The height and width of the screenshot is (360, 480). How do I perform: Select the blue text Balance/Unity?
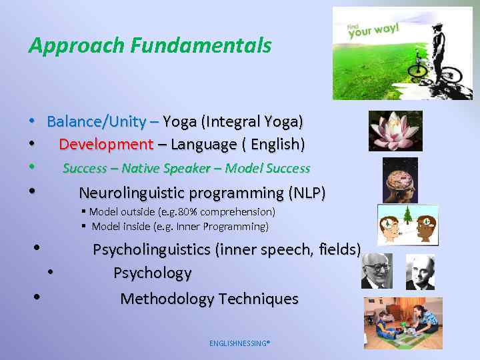tap(97, 121)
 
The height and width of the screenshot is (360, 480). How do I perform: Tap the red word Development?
tap(106, 144)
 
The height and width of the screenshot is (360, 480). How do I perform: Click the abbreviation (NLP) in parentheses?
tap(307, 193)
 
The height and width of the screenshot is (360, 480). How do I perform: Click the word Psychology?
tap(152, 273)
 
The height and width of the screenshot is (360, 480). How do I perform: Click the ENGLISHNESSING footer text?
tap(239, 343)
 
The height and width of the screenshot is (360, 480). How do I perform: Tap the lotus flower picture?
tap(395, 130)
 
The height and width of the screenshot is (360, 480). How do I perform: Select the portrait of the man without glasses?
tap(420, 271)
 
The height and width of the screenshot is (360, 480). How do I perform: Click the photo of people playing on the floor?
tap(403, 323)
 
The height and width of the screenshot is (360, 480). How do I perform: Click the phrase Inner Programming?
tap(229, 227)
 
